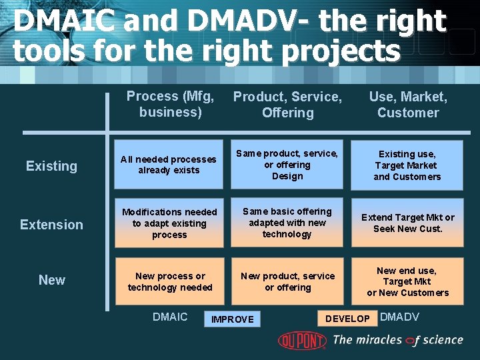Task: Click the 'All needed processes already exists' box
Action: pos(169,164)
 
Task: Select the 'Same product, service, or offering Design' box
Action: pos(287,164)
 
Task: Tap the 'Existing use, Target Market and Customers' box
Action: pos(407,165)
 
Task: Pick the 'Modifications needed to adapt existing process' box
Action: pos(169,223)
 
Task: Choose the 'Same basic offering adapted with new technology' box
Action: pos(287,222)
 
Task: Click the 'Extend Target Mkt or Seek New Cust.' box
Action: pos(407,223)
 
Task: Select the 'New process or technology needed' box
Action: pos(169,281)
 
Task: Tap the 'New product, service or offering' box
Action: pos(287,281)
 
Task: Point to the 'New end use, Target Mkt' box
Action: pos(407,281)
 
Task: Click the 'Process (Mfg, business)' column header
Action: pos(170,104)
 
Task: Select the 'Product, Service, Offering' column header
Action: pos(287,105)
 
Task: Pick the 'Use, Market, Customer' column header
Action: pos(408,105)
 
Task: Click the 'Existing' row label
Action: pos(51,166)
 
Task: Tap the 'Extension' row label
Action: pos(51,225)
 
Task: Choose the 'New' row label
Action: pos(52,280)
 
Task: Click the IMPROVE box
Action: pos(233,319)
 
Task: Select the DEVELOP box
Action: pos(347,319)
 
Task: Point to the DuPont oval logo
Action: pos(302,340)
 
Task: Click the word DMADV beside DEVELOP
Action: pos(399,317)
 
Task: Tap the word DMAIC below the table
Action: pos(170,317)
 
